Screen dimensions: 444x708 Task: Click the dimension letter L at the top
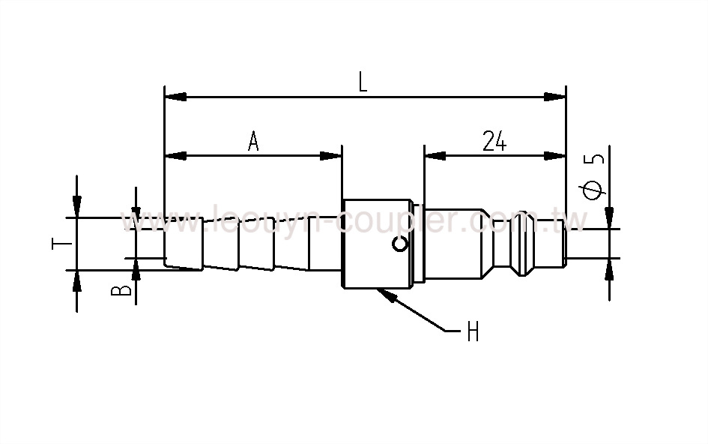[363, 82]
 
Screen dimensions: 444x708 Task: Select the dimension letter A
[253, 141]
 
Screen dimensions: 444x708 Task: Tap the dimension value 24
[494, 141]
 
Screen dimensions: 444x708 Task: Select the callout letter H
[473, 332]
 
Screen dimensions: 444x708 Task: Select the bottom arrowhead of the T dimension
[77, 280]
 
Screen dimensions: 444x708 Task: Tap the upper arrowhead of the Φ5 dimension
[609, 216]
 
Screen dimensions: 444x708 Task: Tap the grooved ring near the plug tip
[521, 243]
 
